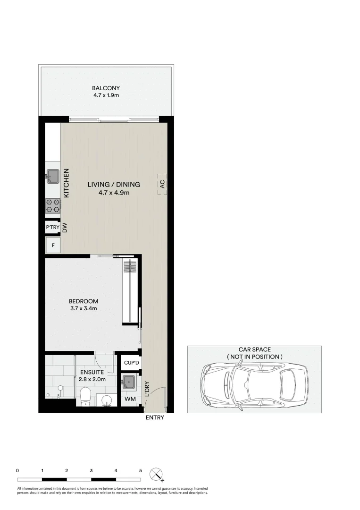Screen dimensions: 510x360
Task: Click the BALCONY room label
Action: (106, 88)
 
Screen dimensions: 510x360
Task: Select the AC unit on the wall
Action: (162, 185)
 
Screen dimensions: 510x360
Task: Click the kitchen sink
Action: (52, 176)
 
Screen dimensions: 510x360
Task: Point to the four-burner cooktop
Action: (52, 205)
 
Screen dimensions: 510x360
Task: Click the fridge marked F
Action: (53, 245)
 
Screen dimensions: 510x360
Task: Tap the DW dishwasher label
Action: (66, 228)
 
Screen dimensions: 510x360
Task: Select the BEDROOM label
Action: (84, 301)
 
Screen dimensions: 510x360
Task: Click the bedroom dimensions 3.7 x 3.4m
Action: (84, 309)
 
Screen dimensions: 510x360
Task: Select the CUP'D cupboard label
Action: (131, 363)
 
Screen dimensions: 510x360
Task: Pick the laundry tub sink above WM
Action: (128, 382)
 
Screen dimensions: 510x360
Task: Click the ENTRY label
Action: (155, 417)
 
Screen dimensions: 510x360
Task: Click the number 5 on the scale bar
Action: (140, 470)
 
